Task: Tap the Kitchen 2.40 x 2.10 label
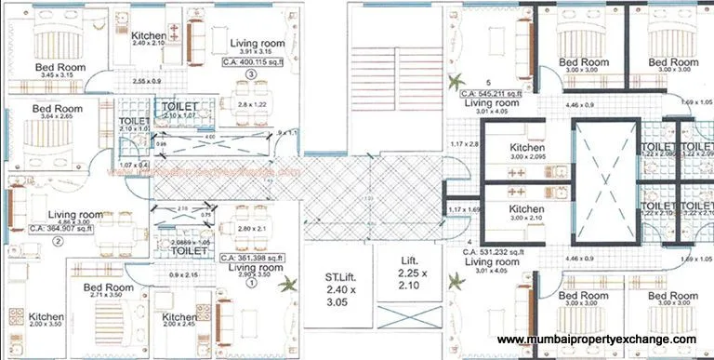tap(149, 38)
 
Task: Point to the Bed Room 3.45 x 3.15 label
tap(60, 73)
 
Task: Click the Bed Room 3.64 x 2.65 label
tap(58, 113)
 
